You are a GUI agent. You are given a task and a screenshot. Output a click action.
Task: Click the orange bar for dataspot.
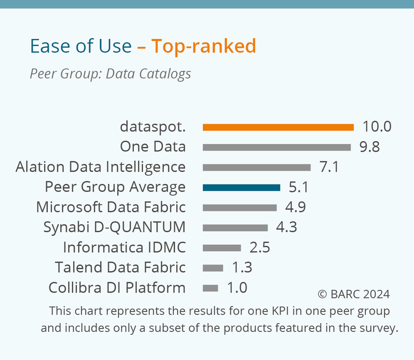click(x=278, y=127)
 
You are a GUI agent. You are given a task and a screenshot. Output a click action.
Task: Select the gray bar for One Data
click(x=276, y=148)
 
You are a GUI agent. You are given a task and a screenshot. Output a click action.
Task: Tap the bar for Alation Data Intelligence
click(x=257, y=167)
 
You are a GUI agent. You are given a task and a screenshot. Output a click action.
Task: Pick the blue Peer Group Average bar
click(x=241, y=188)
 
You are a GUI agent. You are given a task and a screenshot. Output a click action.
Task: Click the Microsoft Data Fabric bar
click(x=240, y=207)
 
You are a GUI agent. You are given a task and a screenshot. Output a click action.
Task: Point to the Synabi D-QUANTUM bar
click(x=235, y=228)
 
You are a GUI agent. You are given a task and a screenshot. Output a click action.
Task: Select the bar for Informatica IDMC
click(x=222, y=248)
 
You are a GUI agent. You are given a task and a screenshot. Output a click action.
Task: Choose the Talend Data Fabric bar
click(x=213, y=268)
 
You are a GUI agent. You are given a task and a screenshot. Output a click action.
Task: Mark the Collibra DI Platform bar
click(x=210, y=288)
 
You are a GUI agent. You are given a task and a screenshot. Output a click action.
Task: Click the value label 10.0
click(x=377, y=126)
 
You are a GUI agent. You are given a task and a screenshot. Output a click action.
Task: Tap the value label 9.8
click(x=369, y=147)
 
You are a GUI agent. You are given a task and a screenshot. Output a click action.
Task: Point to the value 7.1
click(x=329, y=167)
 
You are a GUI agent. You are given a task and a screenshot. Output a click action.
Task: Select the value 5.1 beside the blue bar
click(x=299, y=187)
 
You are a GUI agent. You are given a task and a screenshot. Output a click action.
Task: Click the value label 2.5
click(x=259, y=247)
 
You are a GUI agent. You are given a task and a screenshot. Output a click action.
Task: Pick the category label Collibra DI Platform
click(x=117, y=288)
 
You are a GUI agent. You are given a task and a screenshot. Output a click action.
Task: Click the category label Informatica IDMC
click(x=124, y=247)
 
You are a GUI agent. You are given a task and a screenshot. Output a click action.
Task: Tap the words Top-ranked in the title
click(x=203, y=46)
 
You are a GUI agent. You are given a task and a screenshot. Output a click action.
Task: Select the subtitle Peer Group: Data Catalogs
click(x=110, y=74)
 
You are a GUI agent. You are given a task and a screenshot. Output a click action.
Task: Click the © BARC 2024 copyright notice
click(x=354, y=294)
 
